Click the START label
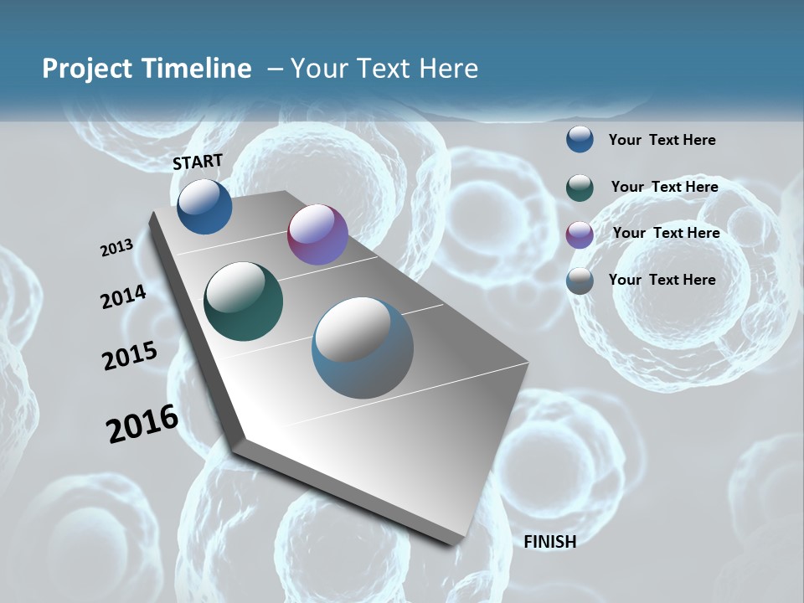198,162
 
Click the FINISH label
549,542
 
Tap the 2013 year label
117,248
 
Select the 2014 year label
123,296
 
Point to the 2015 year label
130,356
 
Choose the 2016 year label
142,424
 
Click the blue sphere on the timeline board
204,206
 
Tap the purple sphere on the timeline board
317,234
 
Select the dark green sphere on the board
244,301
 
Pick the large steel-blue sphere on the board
363,348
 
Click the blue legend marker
580,139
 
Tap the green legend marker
580,187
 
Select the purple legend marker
580,234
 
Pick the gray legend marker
580,281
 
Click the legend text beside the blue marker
662,140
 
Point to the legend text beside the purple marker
666,233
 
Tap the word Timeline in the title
197,69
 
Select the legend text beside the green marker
664,187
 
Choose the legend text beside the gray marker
662,280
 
